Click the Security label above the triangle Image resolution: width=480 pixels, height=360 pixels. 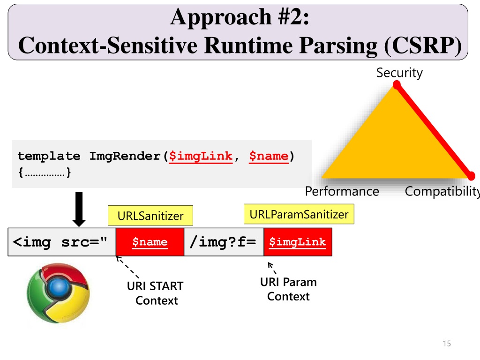point(399,73)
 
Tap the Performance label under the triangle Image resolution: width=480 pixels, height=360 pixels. point(342,191)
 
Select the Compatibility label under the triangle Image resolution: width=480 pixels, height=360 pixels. point(442,191)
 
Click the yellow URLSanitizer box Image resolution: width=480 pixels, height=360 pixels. point(150,216)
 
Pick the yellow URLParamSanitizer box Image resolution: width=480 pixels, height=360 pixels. point(299,215)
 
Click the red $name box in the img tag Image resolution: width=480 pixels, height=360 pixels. point(150,242)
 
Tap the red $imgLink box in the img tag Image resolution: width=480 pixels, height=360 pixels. point(298,242)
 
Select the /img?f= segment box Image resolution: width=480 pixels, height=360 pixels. point(224,242)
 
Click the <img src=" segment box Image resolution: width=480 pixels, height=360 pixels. point(61,242)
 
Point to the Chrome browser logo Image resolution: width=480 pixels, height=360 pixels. point(58,292)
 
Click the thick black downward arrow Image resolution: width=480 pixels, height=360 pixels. point(79,209)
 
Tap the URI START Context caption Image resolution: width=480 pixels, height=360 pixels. point(156,293)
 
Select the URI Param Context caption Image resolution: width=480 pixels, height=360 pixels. point(288,289)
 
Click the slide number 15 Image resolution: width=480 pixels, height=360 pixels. point(446,344)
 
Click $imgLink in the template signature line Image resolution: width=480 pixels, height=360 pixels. point(201,156)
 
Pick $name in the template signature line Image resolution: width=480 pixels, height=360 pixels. point(269,156)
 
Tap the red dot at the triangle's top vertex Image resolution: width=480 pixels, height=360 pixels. point(397,85)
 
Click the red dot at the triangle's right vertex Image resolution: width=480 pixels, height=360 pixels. point(471,176)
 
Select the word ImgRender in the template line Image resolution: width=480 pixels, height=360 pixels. point(125,156)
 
